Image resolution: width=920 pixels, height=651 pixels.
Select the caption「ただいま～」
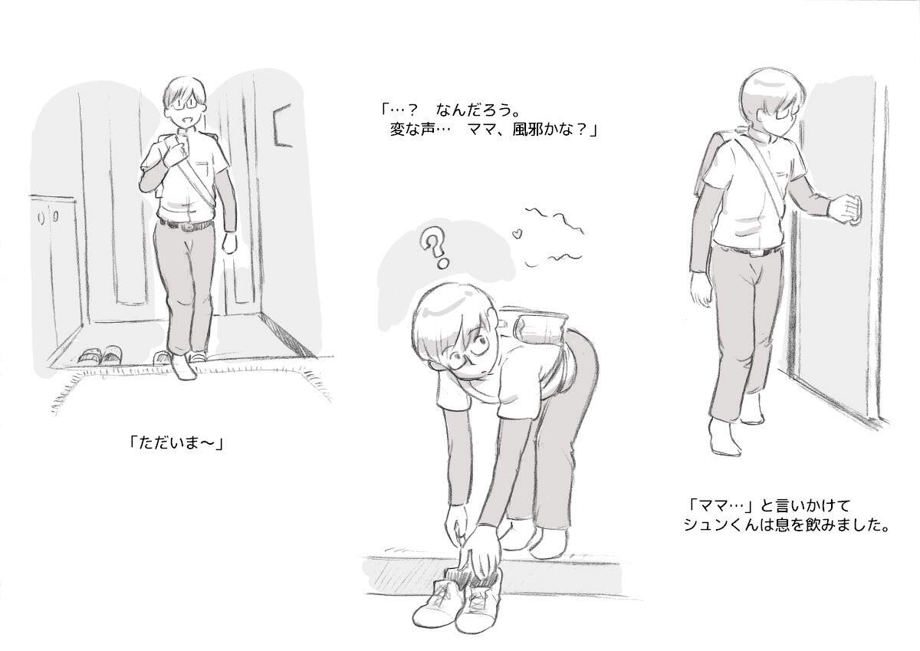(176, 443)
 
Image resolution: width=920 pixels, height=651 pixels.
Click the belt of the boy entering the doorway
(187, 225)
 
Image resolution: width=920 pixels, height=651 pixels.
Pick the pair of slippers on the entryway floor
(100, 354)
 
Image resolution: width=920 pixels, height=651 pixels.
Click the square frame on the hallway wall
(283, 125)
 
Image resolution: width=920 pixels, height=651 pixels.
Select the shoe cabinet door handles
(48, 216)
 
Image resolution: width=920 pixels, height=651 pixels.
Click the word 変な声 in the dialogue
(412, 130)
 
